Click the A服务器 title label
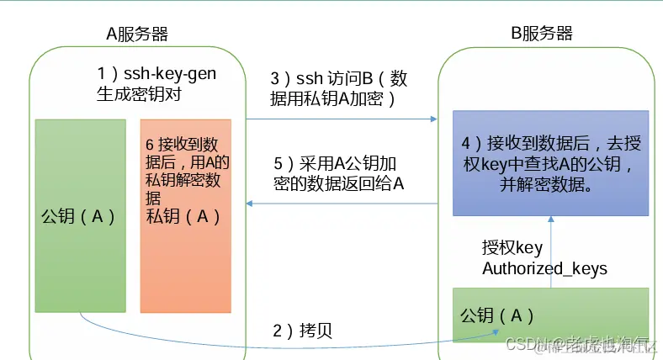click(x=136, y=34)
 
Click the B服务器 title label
click(x=542, y=34)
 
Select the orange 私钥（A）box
click(x=184, y=215)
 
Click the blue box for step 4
click(x=551, y=161)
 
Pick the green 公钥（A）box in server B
click(x=551, y=315)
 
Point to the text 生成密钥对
click(x=139, y=94)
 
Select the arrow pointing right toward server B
click(x=341, y=119)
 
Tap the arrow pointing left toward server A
click(x=341, y=203)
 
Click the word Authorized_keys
click(x=544, y=268)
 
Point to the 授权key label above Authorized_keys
click(x=512, y=247)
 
